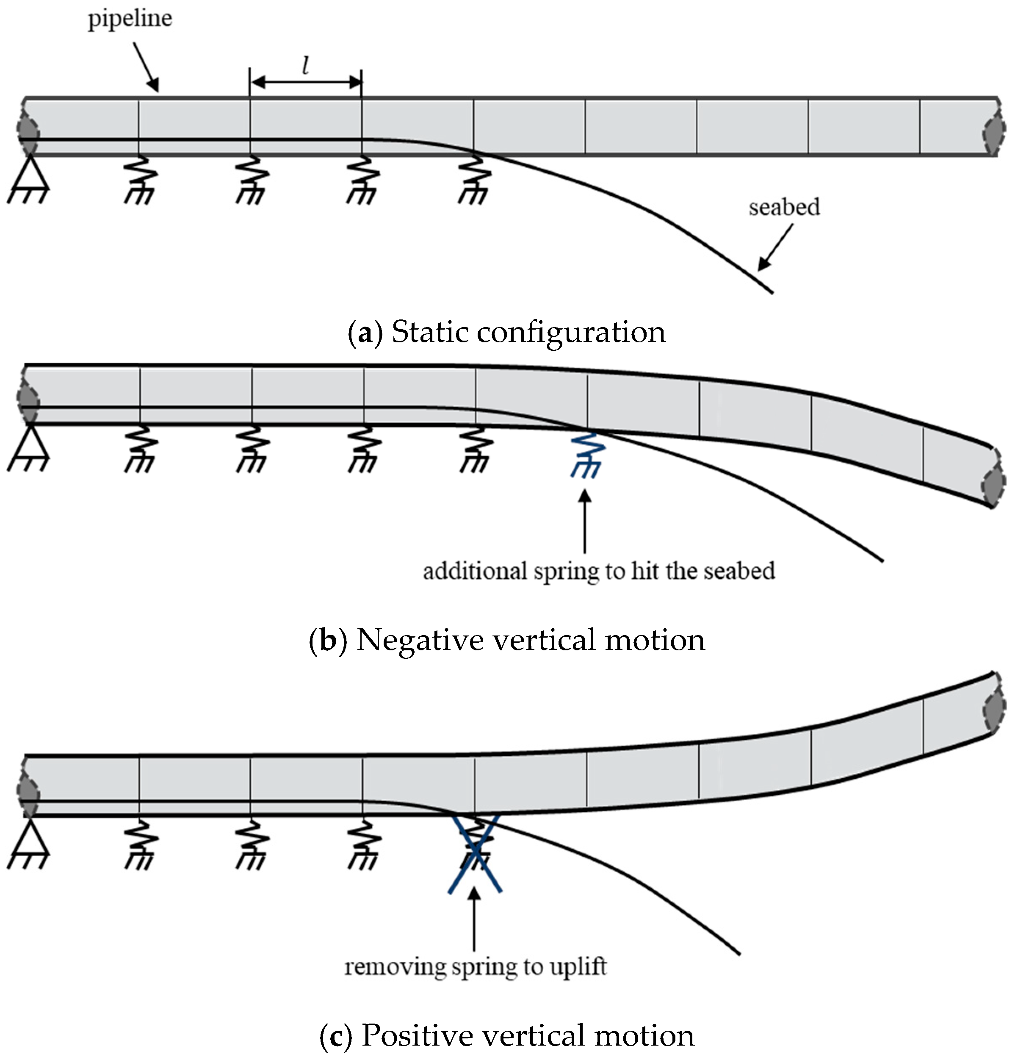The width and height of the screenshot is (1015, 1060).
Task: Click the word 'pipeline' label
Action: [x=130, y=19]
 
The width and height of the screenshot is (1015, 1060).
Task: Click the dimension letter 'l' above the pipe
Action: [x=305, y=66]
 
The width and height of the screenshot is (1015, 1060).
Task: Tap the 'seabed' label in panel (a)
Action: [x=784, y=208]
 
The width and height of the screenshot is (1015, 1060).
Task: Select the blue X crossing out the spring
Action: [x=475, y=852]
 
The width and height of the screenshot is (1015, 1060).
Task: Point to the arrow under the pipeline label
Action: [x=146, y=68]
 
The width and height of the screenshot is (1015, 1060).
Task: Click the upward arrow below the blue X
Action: [x=474, y=919]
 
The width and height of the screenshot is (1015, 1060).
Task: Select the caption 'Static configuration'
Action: [x=528, y=332]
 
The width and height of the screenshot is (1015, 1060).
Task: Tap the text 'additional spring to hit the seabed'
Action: [x=599, y=571]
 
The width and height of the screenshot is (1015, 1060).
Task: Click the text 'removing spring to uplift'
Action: [x=475, y=966]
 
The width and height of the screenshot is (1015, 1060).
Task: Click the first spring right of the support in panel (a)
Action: [x=140, y=178]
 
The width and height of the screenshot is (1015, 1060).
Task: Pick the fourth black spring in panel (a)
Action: [x=474, y=178]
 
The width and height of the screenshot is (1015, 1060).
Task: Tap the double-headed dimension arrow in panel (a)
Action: [x=305, y=83]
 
